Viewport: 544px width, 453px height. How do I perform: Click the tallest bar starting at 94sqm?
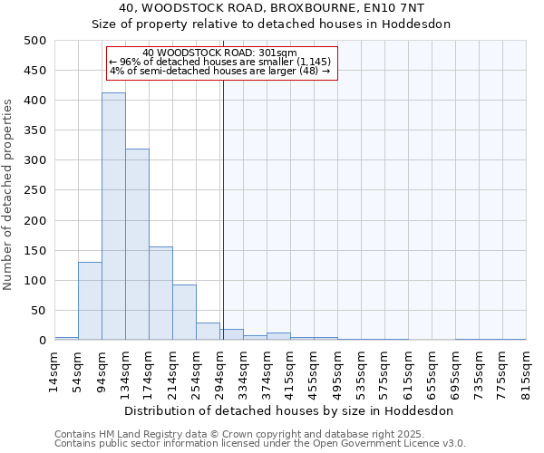pos(113,217)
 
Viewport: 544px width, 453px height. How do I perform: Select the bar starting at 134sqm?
pos(137,245)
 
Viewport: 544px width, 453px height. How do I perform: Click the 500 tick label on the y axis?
pos(34,41)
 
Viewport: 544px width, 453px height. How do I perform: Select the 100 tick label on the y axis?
pos(34,281)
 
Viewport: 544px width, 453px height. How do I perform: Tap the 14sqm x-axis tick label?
pos(54,371)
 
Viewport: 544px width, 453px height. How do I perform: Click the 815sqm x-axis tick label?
pos(526,371)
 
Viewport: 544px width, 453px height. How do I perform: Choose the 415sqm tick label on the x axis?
pos(290,371)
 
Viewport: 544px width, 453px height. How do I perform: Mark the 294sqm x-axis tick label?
pos(219,371)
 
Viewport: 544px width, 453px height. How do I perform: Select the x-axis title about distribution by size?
pos(290,410)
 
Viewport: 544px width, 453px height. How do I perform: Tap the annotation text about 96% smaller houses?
pos(220,62)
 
